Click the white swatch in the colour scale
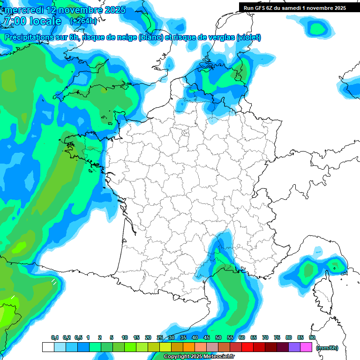pyautogui.click(x=48, y=347)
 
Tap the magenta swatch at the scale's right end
pyautogui.click(x=306, y=347)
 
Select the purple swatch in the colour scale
pyautogui.click(x=294, y=347)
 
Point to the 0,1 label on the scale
pyautogui.click(x=54, y=338)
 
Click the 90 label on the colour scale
pyautogui.click(x=312, y=338)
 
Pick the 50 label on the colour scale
pyautogui.click(x=218, y=338)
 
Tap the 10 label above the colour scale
pyautogui.click(x=125, y=338)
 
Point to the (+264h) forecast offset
pyautogui.click(x=83, y=21)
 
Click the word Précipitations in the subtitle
pyautogui.click(x=29, y=37)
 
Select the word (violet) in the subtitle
pyautogui.click(x=248, y=37)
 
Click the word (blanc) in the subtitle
pyautogui.click(x=151, y=37)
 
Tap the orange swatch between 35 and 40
pyautogui.click(x=189, y=347)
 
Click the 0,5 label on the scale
pyautogui.click(x=78, y=338)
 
